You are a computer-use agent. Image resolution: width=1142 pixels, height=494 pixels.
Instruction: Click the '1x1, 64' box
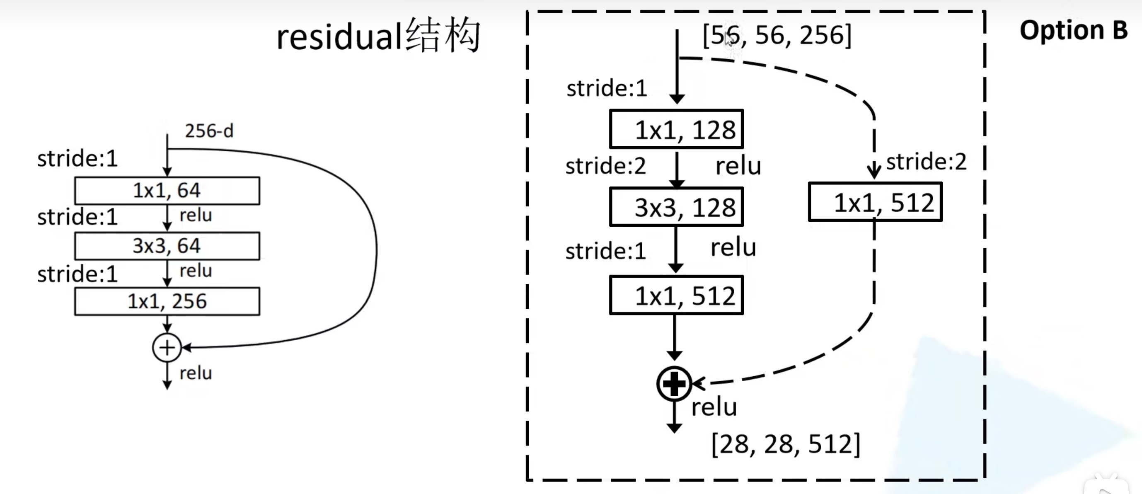tap(167, 191)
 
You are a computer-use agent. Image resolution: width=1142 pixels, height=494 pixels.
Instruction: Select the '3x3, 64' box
tap(167, 246)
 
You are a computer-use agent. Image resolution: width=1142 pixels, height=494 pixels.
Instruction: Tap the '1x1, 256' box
tap(167, 302)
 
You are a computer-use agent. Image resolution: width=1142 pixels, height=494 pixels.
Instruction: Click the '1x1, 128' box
tap(677, 129)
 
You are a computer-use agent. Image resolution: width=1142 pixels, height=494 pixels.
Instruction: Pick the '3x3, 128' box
tap(677, 207)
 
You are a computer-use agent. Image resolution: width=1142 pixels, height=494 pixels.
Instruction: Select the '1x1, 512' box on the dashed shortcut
tap(875, 202)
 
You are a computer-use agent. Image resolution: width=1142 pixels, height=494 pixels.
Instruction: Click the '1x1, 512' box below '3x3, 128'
tap(677, 295)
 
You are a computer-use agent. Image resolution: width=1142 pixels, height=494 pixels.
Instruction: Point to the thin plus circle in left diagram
tap(167, 347)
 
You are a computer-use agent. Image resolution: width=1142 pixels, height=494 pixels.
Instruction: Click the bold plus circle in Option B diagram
tap(674, 384)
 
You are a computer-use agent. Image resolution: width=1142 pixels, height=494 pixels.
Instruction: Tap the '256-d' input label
tap(209, 131)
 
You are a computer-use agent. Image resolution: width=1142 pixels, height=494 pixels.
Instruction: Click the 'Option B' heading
tap(1073, 30)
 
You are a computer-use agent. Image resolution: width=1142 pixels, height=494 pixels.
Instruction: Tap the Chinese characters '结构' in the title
tap(443, 35)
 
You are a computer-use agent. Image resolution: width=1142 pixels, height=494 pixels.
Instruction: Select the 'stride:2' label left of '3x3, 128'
tap(605, 166)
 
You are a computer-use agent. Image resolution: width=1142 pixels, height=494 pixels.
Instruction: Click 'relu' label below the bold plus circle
tap(714, 407)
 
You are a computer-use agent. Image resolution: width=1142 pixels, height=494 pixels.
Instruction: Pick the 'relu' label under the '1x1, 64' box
tap(196, 215)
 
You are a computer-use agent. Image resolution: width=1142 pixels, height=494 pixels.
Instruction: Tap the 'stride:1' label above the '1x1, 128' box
tap(607, 88)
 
